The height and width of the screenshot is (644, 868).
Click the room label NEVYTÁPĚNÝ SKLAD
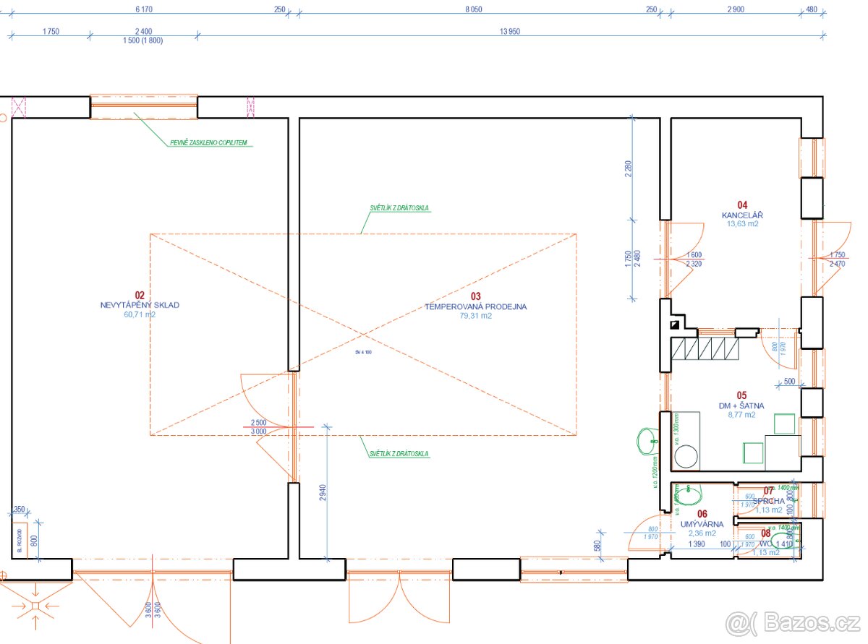click(140, 305)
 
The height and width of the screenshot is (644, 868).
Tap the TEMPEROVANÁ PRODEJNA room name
click(475, 306)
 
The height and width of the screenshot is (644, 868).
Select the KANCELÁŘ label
click(742, 215)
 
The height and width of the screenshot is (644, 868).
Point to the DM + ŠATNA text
click(741, 405)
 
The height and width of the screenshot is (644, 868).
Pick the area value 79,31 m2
click(475, 316)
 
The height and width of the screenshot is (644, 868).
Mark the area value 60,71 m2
click(140, 314)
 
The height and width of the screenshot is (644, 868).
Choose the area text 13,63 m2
click(742, 224)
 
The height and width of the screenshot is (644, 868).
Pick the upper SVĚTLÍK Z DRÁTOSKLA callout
click(399, 208)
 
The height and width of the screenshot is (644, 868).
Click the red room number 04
click(742, 205)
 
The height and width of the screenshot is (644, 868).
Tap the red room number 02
click(140, 295)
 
